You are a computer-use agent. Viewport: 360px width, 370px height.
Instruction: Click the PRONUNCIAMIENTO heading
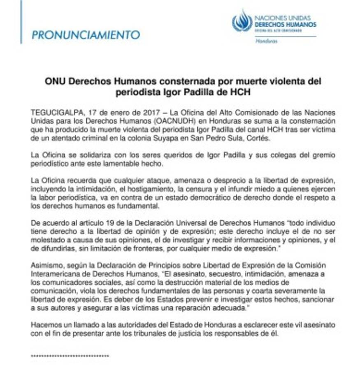click(x=86, y=35)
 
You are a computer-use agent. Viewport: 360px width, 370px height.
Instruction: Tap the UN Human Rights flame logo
click(x=242, y=21)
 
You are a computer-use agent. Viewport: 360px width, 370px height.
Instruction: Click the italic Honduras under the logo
click(x=266, y=41)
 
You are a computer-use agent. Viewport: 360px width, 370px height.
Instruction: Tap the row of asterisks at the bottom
click(x=70, y=355)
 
